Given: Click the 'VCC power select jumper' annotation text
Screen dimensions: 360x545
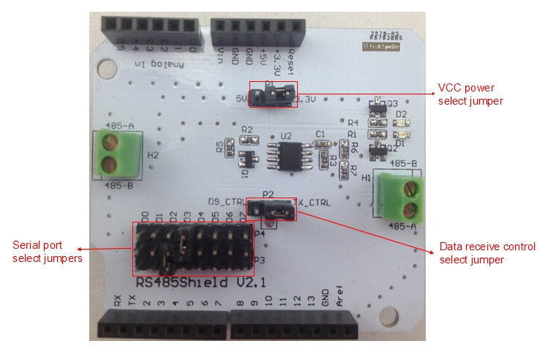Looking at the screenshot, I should (x=472, y=94).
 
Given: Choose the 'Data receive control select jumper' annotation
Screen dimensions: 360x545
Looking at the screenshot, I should (x=487, y=253).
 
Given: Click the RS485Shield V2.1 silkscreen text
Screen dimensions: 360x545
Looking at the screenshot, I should (x=190, y=282).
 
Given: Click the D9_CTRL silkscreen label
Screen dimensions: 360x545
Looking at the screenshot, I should (x=227, y=200).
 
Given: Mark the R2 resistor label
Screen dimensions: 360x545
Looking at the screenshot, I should (x=246, y=129).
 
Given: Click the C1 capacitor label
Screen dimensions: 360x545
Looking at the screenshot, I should (x=320, y=134).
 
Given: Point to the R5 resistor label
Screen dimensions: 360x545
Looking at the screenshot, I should (x=219, y=148).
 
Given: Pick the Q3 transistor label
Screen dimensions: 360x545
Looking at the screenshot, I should (x=392, y=104).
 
